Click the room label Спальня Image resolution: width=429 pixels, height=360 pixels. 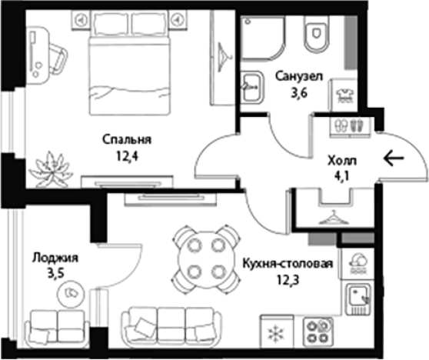tap(127, 139)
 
